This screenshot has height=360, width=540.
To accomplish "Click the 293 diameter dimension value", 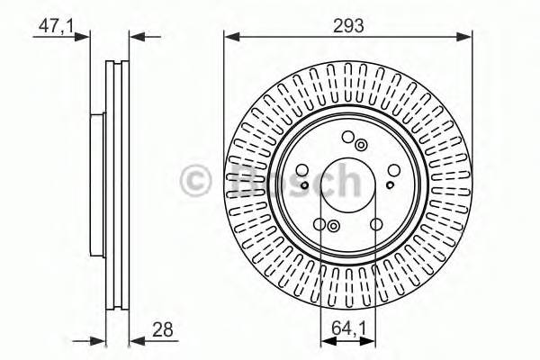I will click(347, 26).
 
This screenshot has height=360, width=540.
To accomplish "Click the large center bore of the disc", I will click(347, 184).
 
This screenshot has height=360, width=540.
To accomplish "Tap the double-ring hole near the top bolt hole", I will click(361, 144).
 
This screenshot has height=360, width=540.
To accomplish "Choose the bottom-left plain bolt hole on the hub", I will click(319, 225).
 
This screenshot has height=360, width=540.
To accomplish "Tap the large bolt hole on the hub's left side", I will click(301, 170).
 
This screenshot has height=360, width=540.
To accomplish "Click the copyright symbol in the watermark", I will click(195, 180).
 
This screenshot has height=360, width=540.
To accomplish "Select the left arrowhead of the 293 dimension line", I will click(229, 36).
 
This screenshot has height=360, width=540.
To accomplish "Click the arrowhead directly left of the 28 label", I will click(133, 340).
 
